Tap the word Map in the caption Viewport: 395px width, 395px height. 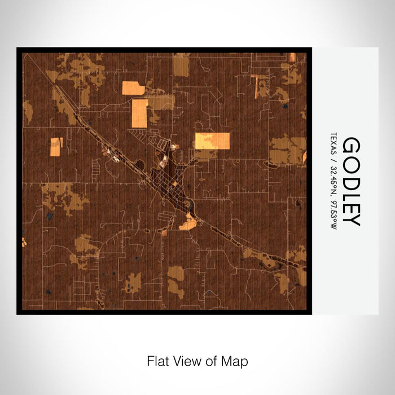click(x=236, y=360)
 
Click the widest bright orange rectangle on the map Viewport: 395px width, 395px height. click(x=212, y=141)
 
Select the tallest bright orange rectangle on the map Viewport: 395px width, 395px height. click(x=139, y=113)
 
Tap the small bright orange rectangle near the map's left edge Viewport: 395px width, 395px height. click(x=56, y=147)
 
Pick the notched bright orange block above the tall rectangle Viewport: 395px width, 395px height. click(x=133, y=88)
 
